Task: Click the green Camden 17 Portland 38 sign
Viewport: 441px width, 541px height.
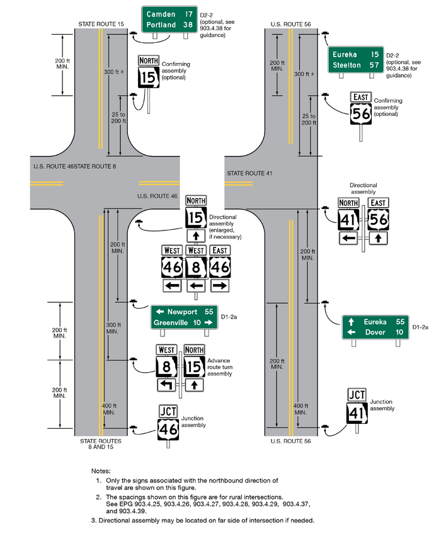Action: coord(169,20)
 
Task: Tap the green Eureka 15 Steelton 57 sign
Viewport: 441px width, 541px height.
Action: coord(356,59)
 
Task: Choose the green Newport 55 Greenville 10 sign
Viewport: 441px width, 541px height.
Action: coord(183,317)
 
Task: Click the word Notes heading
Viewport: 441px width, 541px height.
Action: coord(100,470)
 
